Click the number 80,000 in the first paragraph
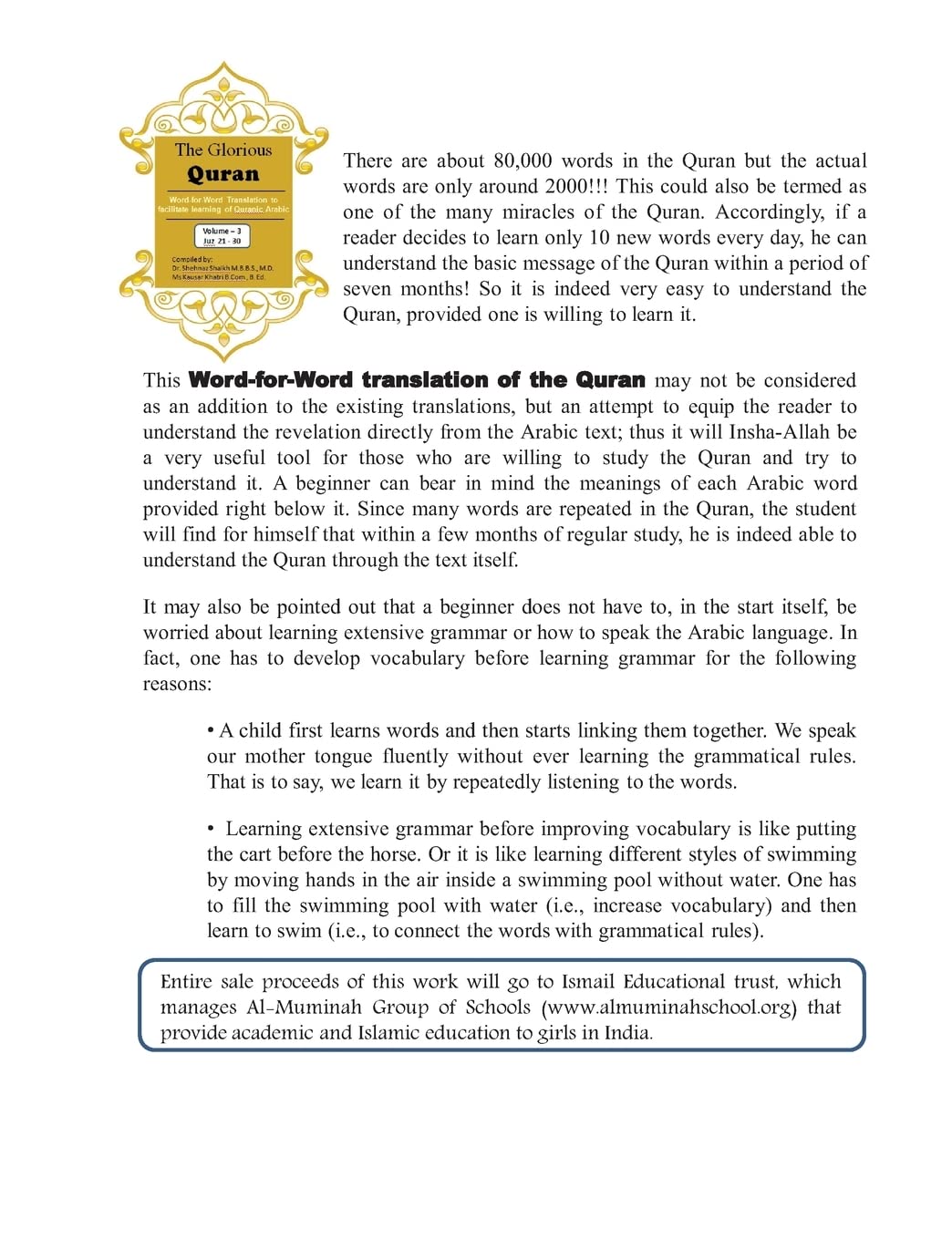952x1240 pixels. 523,161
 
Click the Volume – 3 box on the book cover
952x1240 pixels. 222,236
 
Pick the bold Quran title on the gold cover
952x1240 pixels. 223,174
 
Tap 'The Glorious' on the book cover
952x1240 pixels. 223,150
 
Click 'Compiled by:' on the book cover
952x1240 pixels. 192,259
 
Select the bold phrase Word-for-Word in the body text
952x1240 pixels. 271,380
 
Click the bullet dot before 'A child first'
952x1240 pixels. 211,731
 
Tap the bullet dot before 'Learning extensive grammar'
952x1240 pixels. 211,830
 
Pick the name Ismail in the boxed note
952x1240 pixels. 588,982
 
